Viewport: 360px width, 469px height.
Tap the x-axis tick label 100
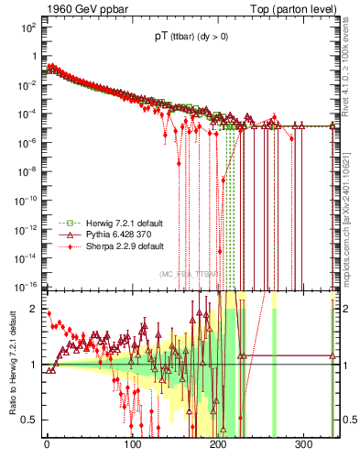click(x=132, y=444)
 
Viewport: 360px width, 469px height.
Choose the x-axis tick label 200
click(x=218, y=444)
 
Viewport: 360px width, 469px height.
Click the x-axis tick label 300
click(x=303, y=444)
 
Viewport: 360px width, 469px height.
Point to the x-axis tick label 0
click(x=47, y=444)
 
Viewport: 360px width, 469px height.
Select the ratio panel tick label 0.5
click(x=28, y=420)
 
